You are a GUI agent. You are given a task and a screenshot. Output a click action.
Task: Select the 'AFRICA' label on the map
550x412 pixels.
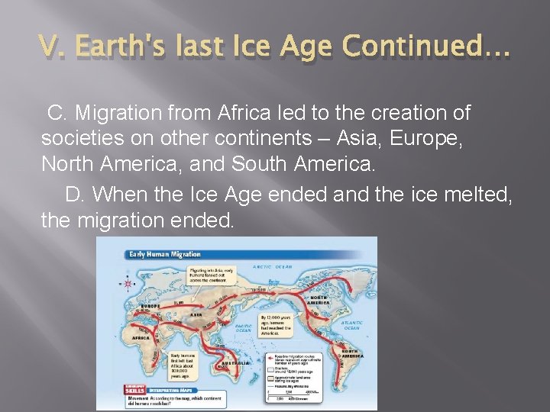[x=139, y=337]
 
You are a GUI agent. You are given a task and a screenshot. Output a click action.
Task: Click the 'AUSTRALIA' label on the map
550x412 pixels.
[x=235, y=364]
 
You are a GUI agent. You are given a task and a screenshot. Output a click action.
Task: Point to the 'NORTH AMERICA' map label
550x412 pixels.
[x=319, y=300]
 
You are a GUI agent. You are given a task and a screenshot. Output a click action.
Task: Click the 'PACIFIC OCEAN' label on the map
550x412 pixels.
[x=243, y=329]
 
